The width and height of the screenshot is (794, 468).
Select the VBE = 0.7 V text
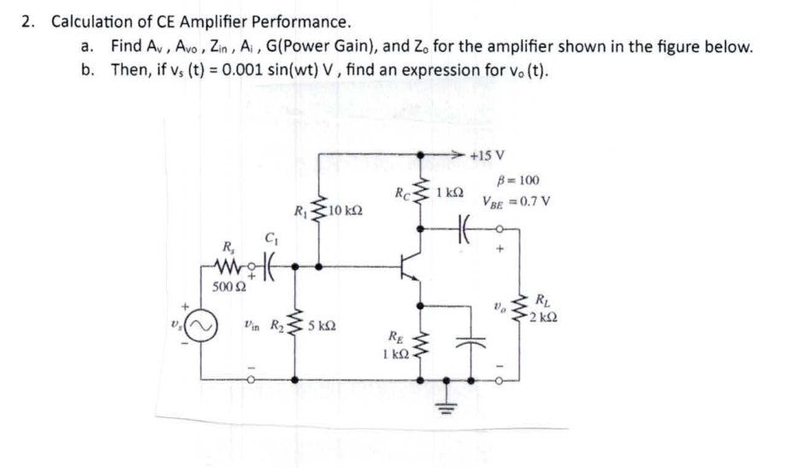515,203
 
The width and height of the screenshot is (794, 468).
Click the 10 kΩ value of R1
347,210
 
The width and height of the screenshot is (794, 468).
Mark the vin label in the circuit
251,325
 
